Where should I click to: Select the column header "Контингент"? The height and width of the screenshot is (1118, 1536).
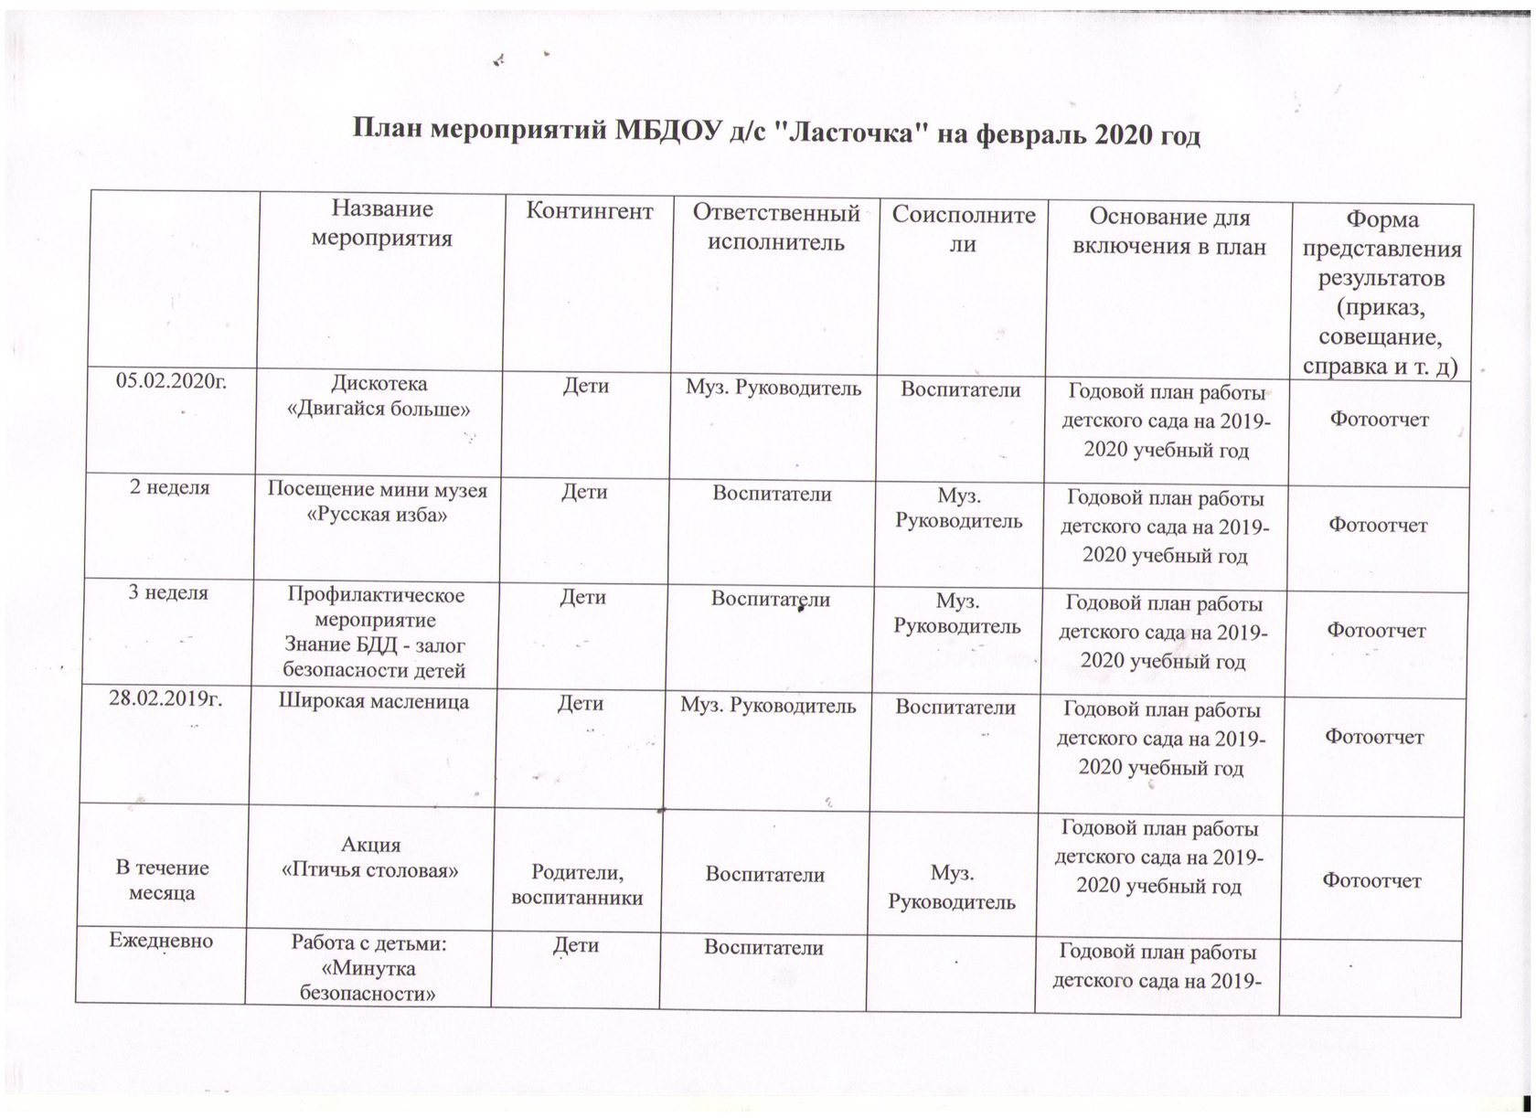coord(590,212)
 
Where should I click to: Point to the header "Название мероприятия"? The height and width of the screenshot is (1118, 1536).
coord(382,224)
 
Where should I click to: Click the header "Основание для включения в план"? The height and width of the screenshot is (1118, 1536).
coord(1168,231)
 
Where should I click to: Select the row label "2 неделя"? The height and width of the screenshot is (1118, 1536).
coord(169,487)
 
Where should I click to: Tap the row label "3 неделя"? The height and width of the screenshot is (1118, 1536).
coord(168,592)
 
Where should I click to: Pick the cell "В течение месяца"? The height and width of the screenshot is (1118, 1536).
coord(162,879)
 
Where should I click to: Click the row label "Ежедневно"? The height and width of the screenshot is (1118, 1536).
coord(161,940)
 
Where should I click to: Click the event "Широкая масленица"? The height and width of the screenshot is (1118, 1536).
coord(373,702)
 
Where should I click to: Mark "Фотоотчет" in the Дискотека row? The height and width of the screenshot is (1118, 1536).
coord(1379,420)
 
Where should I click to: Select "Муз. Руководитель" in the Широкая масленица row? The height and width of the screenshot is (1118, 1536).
coord(768,706)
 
